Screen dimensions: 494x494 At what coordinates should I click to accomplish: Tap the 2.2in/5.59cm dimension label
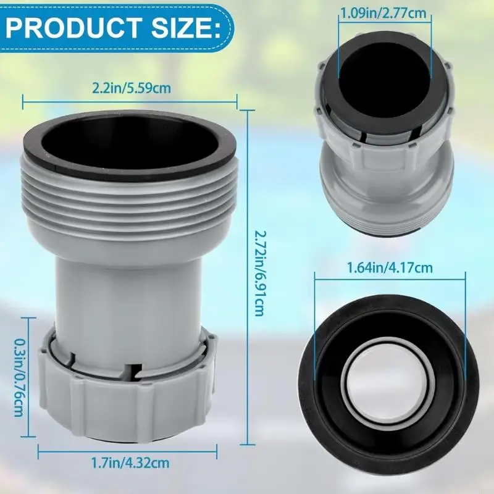[132, 88]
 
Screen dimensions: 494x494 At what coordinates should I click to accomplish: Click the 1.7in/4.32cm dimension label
[132, 461]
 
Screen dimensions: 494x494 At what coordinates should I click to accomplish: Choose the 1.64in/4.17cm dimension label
[389, 267]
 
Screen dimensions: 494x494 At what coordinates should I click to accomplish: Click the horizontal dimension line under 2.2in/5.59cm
[130, 97]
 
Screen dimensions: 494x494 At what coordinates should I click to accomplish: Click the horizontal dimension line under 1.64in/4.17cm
[389, 277]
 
